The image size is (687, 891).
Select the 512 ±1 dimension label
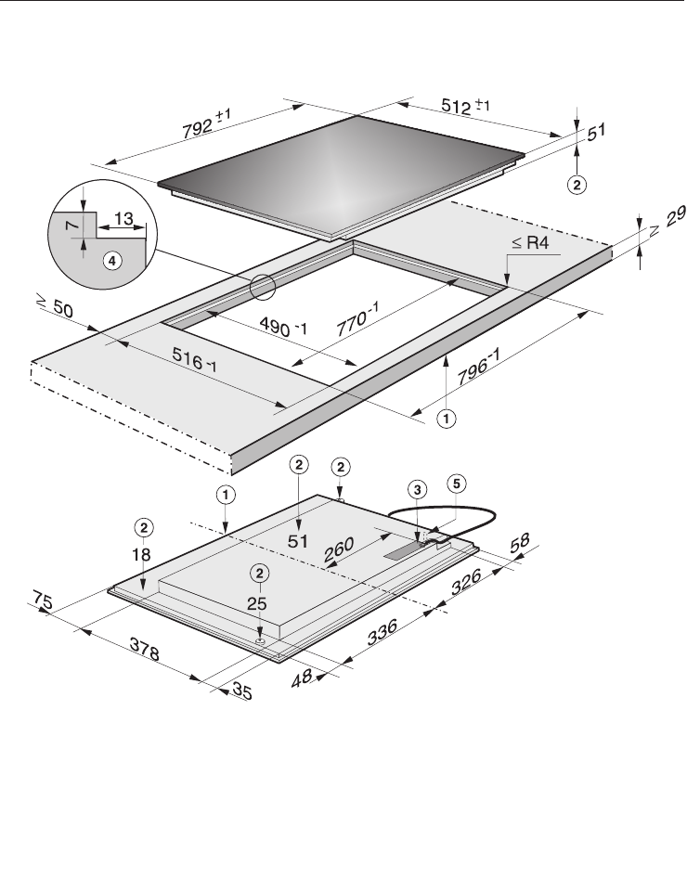pos(465,106)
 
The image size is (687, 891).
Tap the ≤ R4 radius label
pos(530,242)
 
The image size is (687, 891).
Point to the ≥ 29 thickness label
pos(668,221)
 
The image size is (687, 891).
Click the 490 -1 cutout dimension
pos(283,326)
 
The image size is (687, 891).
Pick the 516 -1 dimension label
pos(194,360)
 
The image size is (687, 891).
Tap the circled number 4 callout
pos(112,261)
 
